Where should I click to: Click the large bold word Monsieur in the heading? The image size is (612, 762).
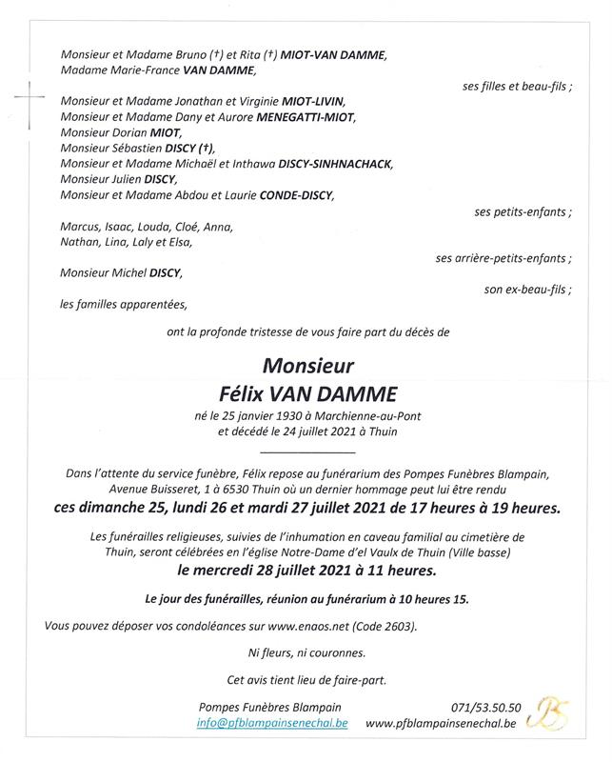pos(307,366)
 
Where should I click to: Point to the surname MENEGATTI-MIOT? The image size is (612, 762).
pos(305,117)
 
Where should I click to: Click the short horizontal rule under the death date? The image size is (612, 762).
pos(306,451)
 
